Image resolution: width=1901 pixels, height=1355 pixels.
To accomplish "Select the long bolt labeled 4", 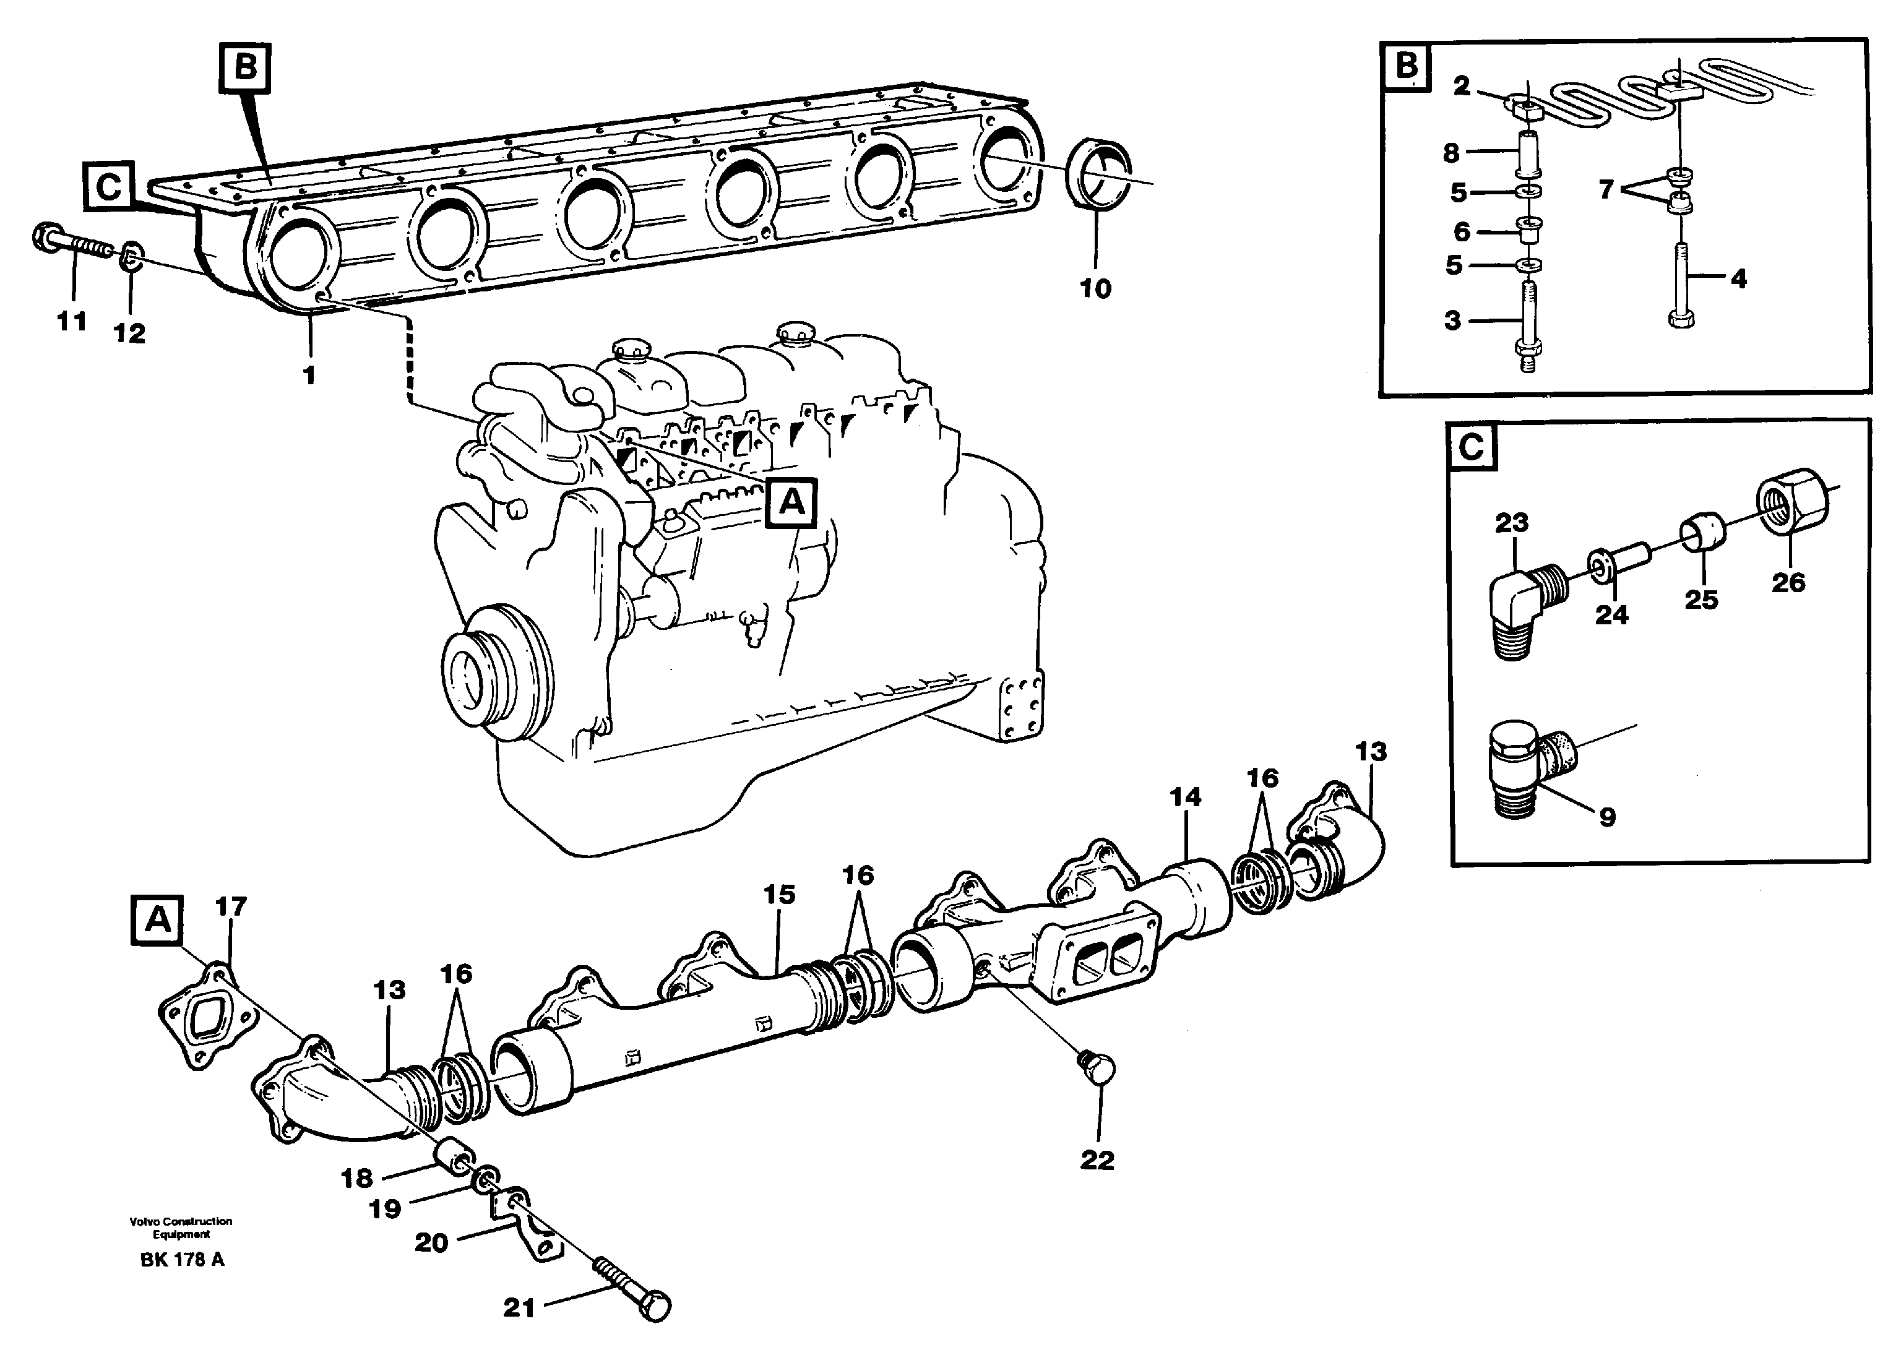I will tap(1679, 280).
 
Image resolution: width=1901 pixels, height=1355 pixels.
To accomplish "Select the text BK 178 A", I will tap(182, 1260).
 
